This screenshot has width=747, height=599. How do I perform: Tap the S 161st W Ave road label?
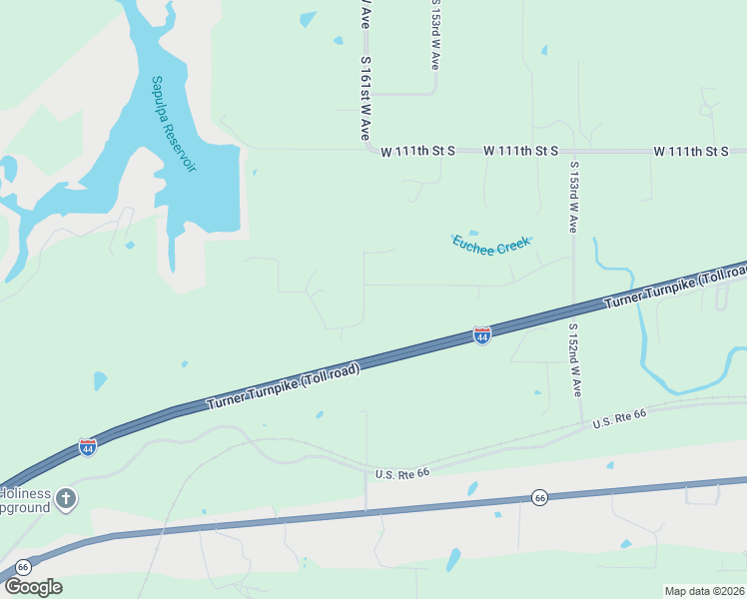coord(366,98)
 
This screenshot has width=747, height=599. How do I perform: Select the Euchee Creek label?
coord(490,244)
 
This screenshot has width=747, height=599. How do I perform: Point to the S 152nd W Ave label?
coord(575,359)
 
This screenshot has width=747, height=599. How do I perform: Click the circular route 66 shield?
coord(539,496)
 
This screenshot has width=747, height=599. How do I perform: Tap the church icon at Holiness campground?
coord(66,497)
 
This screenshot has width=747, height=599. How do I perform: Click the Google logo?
coord(32,586)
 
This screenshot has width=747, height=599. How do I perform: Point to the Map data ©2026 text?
coord(704,590)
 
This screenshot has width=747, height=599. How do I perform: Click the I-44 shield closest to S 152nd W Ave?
coord(481,336)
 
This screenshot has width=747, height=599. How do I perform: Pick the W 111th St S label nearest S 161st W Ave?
coord(417,151)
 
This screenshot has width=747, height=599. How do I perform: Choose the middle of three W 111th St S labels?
coord(520,151)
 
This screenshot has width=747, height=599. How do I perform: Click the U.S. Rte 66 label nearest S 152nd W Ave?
coord(619,423)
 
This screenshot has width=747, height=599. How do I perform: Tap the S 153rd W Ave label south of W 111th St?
coord(573,197)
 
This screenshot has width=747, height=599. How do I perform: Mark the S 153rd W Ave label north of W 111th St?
coord(435,34)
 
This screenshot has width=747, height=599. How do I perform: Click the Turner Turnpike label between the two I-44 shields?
coord(283,385)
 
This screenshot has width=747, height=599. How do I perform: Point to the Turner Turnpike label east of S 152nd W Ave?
coord(674,288)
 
